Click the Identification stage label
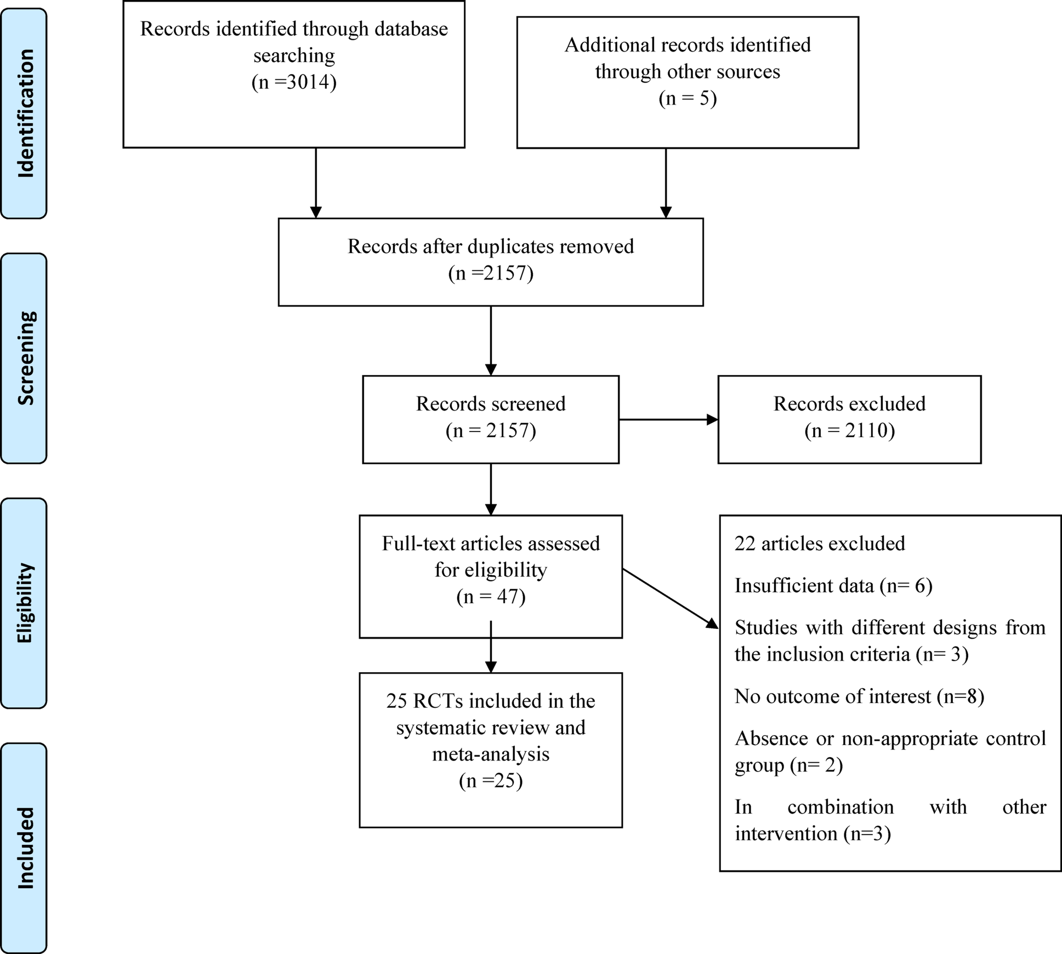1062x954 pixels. [25, 113]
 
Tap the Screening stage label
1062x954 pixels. [25, 358]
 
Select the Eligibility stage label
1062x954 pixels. [25, 603]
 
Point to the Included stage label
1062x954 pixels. [25, 848]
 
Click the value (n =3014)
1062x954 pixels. [294, 82]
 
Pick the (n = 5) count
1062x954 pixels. [688, 99]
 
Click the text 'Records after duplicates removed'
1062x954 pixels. [490, 247]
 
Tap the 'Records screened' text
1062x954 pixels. [490, 404]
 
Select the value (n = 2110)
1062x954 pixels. [849, 431]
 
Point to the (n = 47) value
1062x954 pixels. [490, 597]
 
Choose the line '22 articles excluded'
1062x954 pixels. [819, 544]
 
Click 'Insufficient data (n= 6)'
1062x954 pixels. [833, 586]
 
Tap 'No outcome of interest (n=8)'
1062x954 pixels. [859, 697]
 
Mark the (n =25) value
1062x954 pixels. [490, 781]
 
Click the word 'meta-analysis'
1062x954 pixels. [490, 754]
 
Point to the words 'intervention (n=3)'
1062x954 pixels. [812, 834]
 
